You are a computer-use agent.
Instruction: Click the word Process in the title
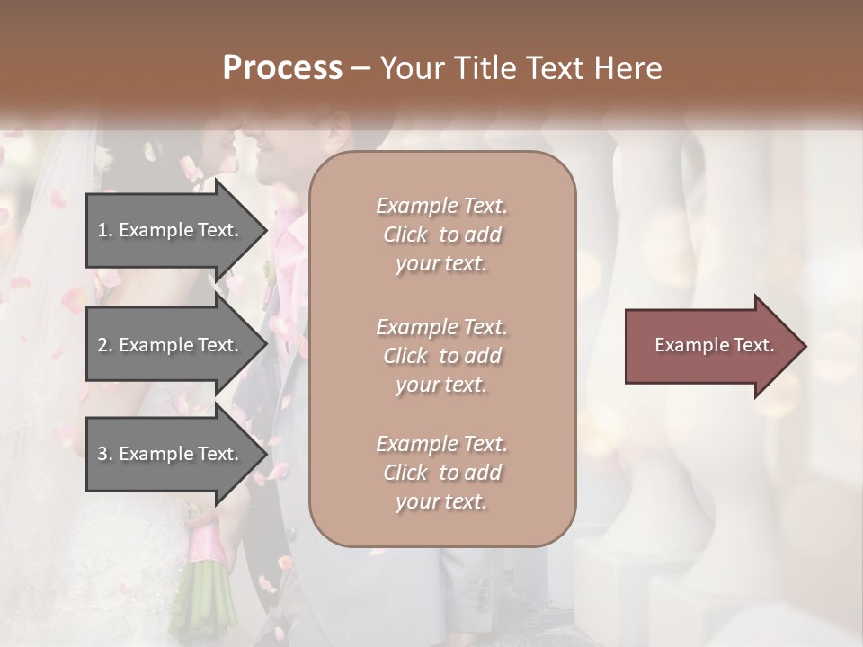coord(282,68)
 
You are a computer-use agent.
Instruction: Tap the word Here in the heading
coord(627,68)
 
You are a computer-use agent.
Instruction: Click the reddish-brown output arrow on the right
coord(710,346)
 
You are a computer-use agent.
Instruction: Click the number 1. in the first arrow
coord(105,230)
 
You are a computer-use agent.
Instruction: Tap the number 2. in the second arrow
coord(105,345)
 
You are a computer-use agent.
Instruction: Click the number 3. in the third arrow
coord(105,454)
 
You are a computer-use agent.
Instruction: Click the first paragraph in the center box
coord(441,235)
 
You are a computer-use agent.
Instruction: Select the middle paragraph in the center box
coord(441,356)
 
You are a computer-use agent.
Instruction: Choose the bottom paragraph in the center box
coord(441,473)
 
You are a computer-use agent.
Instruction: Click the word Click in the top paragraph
coord(405,235)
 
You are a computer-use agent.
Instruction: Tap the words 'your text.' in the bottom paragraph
coord(441,501)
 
